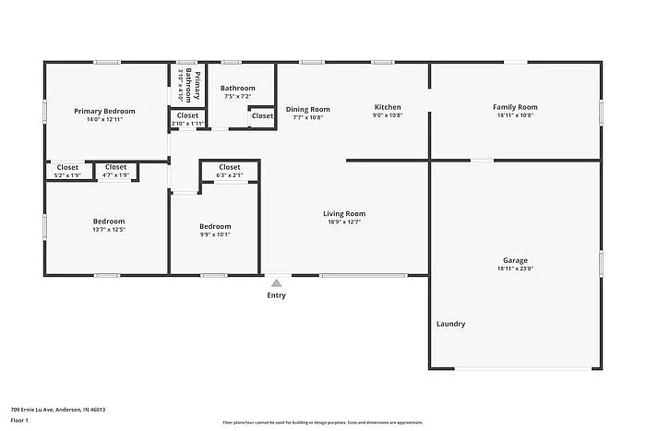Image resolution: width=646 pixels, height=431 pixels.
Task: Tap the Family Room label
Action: tap(515, 107)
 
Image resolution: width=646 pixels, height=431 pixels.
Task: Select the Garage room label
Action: tap(515, 260)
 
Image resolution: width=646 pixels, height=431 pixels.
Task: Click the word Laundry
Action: tap(450, 324)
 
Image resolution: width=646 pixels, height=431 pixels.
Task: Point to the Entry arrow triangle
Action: tap(277, 282)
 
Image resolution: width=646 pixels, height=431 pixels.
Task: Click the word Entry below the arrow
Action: tap(277, 295)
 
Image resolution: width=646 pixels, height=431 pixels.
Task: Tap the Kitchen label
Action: tap(388, 107)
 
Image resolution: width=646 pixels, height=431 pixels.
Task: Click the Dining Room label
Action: tap(307, 109)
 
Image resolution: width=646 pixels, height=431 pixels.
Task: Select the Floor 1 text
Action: tap(20, 421)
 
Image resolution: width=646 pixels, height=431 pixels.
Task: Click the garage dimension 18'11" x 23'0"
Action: tap(515, 269)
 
